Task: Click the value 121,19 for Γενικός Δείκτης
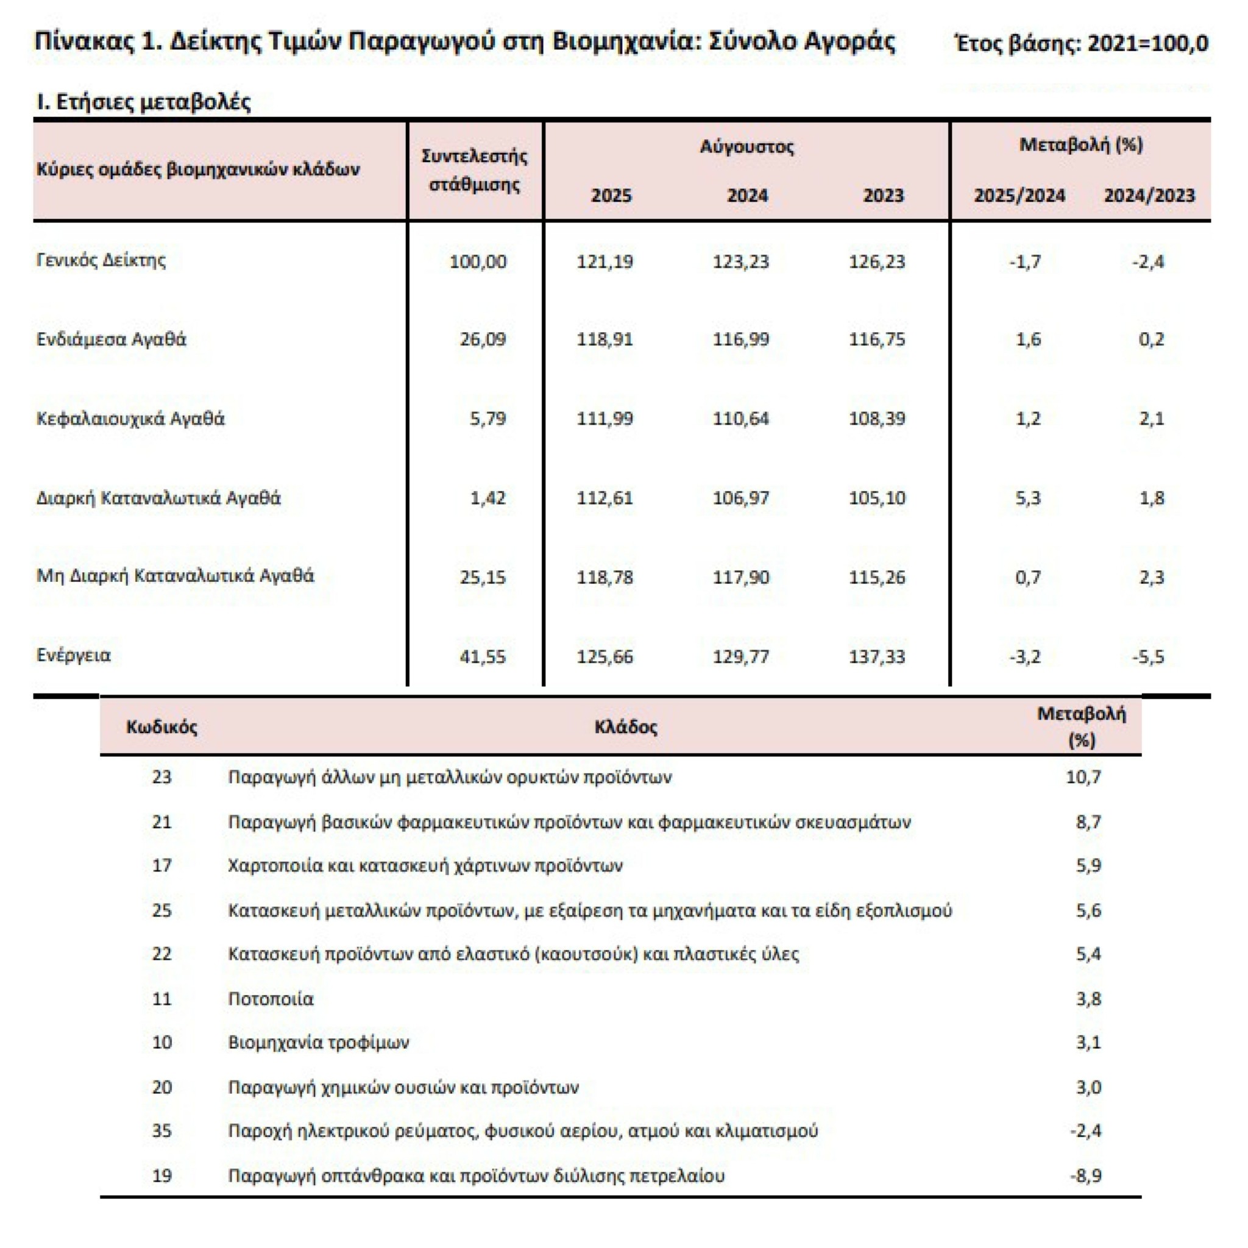[x=604, y=261]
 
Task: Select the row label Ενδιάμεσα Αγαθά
[x=111, y=339]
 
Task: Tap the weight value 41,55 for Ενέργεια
[x=483, y=656]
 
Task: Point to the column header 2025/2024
[x=1019, y=195]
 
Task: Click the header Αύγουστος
[x=746, y=147]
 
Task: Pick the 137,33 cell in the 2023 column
[x=876, y=656]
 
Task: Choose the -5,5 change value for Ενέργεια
[x=1148, y=656]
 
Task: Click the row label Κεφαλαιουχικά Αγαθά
[x=130, y=419]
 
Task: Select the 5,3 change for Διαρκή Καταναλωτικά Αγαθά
[x=1028, y=498]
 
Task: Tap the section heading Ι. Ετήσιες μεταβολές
[x=143, y=102]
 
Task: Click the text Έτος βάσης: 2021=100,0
[x=1080, y=43]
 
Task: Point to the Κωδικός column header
[x=161, y=727]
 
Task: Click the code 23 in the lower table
[x=161, y=776]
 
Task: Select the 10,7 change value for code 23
[x=1083, y=776]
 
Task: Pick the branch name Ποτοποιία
[x=271, y=999]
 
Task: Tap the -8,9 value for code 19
[x=1085, y=1175]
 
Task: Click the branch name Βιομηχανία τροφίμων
[x=319, y=1042]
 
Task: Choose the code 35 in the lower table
[x=161, y=1130]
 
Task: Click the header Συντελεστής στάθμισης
[x=475, y=170]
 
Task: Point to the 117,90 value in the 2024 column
[x=741, y=577]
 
